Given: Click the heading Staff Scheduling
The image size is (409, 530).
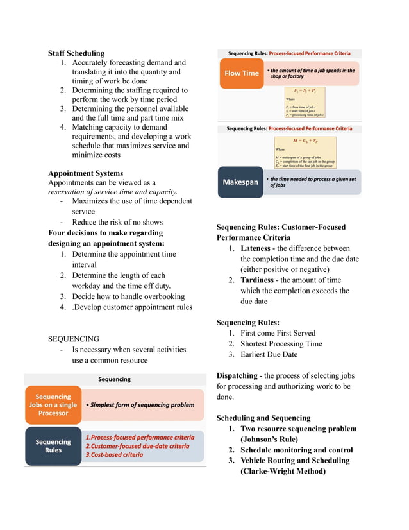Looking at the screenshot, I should (76, 53).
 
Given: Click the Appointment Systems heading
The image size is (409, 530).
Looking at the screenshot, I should (85, 173).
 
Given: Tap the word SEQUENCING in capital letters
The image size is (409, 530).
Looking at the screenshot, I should (74, 339).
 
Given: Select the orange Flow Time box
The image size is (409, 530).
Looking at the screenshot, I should (241, 73).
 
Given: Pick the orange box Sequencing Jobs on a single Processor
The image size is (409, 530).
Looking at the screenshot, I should (53, 405).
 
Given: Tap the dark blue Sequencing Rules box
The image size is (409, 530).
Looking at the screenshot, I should (53, 446).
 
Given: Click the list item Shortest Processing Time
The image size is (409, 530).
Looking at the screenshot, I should (281, 344).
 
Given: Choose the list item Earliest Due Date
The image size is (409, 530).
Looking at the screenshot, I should (269, 354).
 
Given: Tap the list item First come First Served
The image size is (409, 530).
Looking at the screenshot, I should (278, 333).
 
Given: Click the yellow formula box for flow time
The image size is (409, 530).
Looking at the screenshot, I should (305, 103).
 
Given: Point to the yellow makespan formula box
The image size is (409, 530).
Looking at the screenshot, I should (305, 152).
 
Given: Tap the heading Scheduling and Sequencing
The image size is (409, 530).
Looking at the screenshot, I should (263, 418).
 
